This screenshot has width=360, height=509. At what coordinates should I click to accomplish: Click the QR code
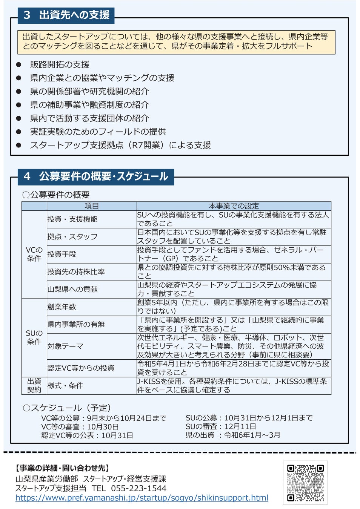(x=305, y=483)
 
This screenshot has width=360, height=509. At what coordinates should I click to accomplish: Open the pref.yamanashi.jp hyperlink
(x=142, y=498)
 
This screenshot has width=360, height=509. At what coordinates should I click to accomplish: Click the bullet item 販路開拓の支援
(x=60, y=64)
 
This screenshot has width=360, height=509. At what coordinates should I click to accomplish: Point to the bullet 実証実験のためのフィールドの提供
(x=98, y=132)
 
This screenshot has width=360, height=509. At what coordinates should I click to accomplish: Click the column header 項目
(x=92, y=206)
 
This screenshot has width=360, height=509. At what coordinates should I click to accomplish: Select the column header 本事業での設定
(x=234, y=206)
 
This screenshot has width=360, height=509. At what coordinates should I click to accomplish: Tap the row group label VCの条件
(x=34, y=254)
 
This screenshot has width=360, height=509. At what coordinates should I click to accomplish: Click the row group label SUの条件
(x=34, y=337)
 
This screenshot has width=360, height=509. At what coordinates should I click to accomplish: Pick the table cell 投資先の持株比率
(x=76, y=272)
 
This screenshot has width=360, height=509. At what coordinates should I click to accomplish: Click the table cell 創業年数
(x=62, y=307)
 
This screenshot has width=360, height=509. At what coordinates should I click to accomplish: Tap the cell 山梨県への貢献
(x=72, y=289)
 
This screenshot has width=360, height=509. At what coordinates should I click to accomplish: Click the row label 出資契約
(x=34, y=385)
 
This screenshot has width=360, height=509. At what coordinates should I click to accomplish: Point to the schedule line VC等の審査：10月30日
(x=80, y=426)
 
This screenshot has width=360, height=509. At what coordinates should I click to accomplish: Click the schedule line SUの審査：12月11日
(x=221, y=426)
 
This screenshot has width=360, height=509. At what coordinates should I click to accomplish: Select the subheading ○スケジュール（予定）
(x=67, y=408)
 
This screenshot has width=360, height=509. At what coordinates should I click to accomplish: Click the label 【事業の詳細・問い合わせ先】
(x=63, y=468)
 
